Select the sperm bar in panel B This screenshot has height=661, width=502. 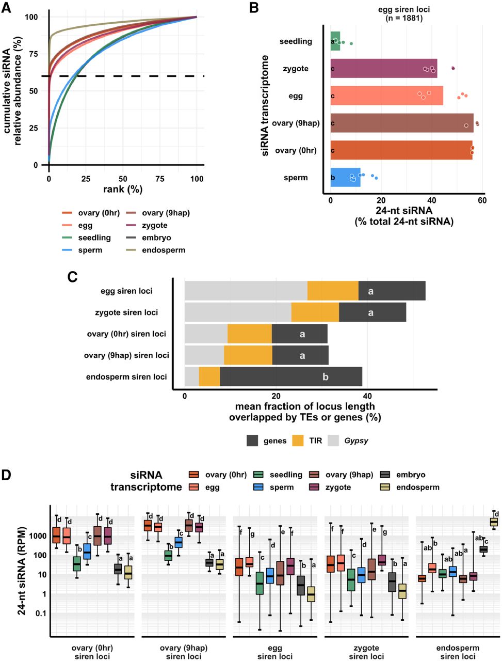click(x=345, y=178)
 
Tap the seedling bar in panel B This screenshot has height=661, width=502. click(x=335, y=41)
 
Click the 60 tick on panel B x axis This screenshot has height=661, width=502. click(x=482, y=200)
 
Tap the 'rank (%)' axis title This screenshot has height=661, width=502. click(x=123, y=190)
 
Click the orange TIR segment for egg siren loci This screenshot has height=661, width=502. click(x=333, y=291)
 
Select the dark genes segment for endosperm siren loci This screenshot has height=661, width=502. click(x=291, y=376)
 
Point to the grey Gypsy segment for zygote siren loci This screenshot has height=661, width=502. click(x=238, y=312)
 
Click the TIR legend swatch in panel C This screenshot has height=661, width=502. click(x=299, y=440)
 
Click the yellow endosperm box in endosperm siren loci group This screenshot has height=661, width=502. click(x=494, y=522)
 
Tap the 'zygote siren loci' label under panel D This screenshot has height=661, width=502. click(x=366, y=652)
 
